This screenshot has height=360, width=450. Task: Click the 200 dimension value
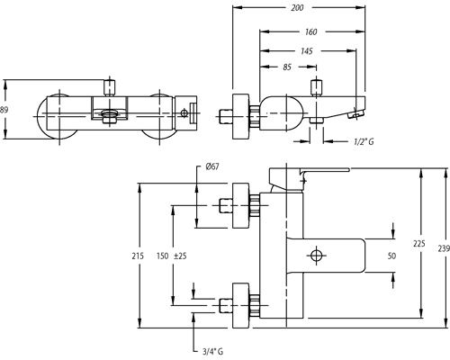(297, 8)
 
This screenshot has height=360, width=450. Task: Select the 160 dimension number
(310, 31)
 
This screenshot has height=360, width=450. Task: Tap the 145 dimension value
(307, 51)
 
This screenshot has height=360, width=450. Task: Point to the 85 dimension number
(287, 67)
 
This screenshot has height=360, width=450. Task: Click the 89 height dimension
(4, 110)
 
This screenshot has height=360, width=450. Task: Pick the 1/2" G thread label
(364, 141)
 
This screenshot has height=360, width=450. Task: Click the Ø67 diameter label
(212, 166)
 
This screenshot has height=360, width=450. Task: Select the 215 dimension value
(138, 256)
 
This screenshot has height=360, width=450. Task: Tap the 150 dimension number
(162, 256)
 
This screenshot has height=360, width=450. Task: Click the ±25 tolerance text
(180, 256)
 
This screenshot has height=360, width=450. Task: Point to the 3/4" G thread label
(212, 351)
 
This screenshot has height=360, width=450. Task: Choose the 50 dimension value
(391, 256)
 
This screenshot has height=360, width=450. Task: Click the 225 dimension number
(419, 244)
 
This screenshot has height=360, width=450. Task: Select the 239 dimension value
(444, 248)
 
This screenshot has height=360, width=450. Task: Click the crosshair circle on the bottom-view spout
(316, 256)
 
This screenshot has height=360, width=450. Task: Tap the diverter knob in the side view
(316, 87)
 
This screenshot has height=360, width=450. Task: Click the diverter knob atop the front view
(109, 87)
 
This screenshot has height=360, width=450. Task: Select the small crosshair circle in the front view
(184, 113)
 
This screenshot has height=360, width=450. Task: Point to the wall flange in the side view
(241, 116)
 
